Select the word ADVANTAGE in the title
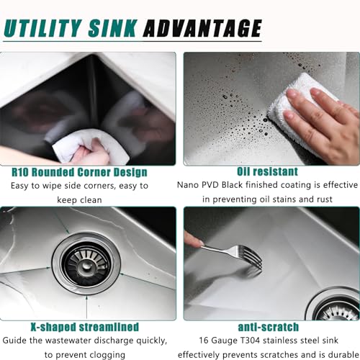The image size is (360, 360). coord(202,28)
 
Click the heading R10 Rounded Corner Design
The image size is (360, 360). coord(89,172)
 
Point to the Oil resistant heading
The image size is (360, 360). coord(267,171)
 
